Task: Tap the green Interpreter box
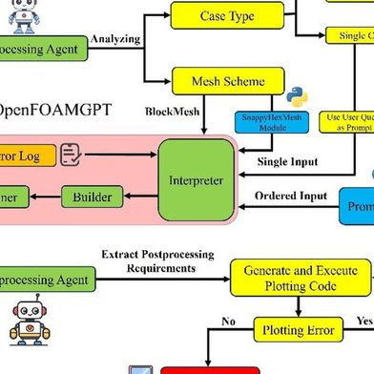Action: coord(196,179)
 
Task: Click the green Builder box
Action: coord(92,197)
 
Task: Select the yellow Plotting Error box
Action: coord(299,331)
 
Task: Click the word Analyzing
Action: coord(115,40)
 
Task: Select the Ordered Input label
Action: coord(290,196)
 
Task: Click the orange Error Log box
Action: coord(24,154)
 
